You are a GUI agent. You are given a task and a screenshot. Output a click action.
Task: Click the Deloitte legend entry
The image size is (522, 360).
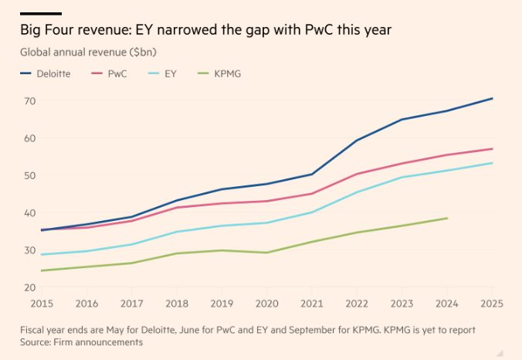click(47, 73)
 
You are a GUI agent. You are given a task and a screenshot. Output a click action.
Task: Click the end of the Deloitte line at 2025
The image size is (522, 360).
click(493, 98)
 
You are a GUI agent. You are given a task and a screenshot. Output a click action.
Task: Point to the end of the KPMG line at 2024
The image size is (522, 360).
click(447, 218)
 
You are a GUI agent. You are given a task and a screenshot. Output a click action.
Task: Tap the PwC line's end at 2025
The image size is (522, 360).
click(493, 148)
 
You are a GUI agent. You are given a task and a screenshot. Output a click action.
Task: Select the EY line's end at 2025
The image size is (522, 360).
click(493, 162)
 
